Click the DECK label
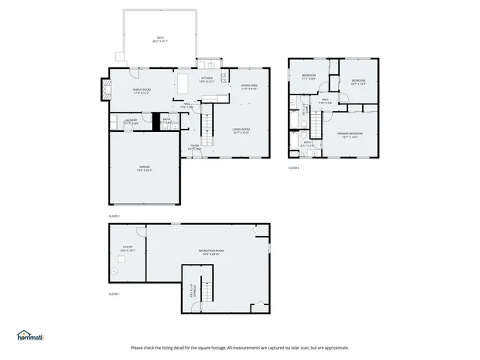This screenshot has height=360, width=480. (160, 40)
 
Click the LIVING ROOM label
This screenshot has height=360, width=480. (241, 130)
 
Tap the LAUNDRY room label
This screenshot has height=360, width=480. (130, 120)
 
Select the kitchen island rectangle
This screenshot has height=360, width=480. (183, 82)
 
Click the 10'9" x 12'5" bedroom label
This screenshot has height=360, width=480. (358, 82)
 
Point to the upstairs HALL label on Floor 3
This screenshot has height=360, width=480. (325, 101)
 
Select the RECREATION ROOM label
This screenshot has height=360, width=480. (211, 251)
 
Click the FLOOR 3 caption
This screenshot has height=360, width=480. (293, 168)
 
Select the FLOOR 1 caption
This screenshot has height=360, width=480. (114, 293)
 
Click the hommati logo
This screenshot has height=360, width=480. (30, 336)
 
